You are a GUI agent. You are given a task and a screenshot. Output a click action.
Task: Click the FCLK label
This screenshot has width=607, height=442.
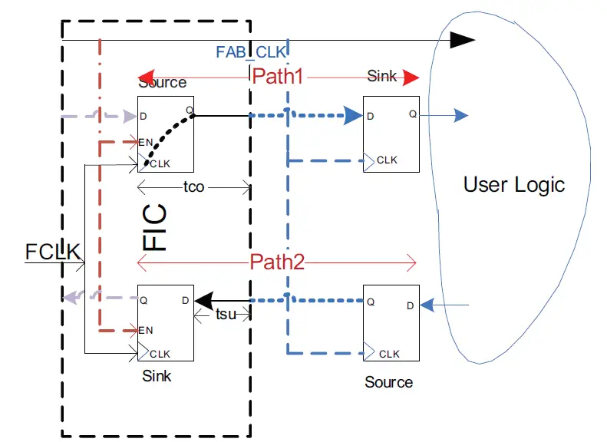(x=53, y=252)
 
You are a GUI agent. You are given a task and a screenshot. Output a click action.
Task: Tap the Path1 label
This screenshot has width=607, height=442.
(x=279, y=77)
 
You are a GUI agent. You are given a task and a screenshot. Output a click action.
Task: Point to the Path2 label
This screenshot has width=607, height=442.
(x=277, y=262)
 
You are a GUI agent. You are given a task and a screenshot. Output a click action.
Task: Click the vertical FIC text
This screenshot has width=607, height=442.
(x=157, y=228)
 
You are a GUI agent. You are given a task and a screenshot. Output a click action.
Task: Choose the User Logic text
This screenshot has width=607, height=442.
(x=514, y=184)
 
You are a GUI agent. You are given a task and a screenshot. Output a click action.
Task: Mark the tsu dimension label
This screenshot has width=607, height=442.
(x=225, y=315)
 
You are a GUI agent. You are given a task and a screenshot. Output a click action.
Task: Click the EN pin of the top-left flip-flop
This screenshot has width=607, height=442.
(x=146, y=142)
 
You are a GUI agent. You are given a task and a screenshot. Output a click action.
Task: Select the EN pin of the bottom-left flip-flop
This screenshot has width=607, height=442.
(x=146, y=331)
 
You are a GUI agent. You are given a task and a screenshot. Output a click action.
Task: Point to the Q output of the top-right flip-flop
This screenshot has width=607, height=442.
(x=412, y=114)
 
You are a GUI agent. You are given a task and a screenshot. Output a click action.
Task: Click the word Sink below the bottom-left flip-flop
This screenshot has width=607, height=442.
(x=157, y=377)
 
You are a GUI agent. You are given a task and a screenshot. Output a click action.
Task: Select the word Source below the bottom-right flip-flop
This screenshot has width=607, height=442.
(x=388, y=382)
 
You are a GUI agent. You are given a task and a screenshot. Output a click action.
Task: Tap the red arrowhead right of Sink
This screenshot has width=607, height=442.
(x=411, y=78)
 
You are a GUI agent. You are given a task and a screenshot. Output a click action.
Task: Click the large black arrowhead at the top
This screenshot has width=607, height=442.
(x=462, y=39)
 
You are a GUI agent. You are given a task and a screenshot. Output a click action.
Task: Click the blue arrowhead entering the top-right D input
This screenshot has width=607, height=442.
(x=353, y=117)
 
